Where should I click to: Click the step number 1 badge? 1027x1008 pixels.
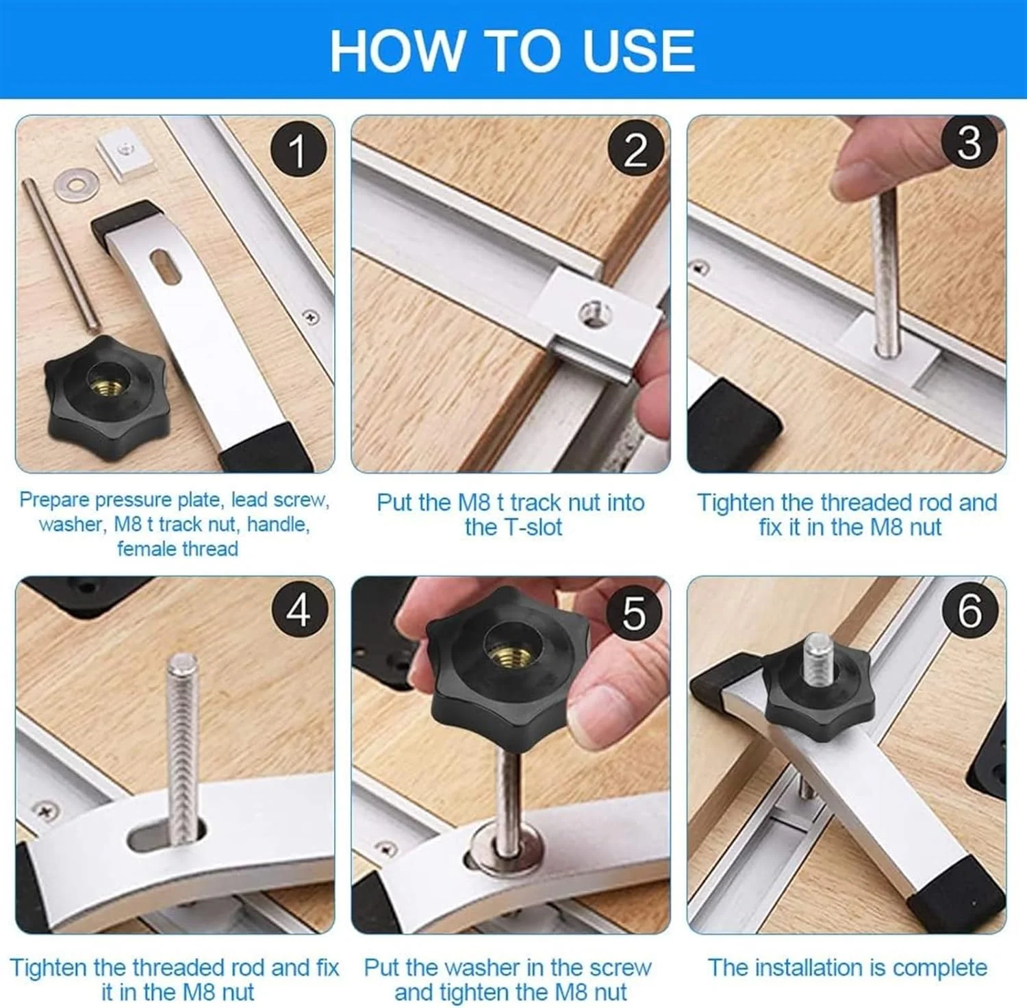pyautogui.click(x=297, y=151)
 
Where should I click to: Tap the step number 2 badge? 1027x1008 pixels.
pyautogui.click(x=635, y=149)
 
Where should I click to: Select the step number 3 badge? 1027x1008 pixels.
pyautogui.click(x=969, y=142)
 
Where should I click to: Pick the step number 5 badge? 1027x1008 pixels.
pyautogui.click(x=633, y=612)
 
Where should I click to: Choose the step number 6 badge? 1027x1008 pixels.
pyautogui.click(x=969, y=609)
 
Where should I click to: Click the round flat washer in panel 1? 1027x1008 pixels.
pyautogui.click(x=76, y=184)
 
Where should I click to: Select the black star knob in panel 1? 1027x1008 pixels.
pyautogui.click(x=107, y=396)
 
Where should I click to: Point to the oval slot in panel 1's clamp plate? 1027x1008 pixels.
pyautogui.click(x=164, y=264)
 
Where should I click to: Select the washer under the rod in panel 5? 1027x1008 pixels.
pyautogui.click(x=507, y=849)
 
